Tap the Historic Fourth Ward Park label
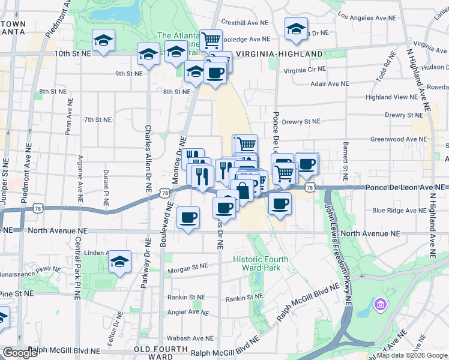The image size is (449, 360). [261, 263]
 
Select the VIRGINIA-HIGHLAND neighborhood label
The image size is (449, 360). [279, 54]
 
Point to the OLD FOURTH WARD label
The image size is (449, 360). [157, 352]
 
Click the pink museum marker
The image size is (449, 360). [379, 305]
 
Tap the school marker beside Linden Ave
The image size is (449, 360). [120, 262]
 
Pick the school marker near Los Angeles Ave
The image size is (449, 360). [296, 29]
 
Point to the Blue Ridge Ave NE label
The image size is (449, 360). [397, 211]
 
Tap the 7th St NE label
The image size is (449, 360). [98, 119]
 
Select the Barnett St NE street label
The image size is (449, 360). [345, 162]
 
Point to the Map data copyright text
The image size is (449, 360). [411, 355]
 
